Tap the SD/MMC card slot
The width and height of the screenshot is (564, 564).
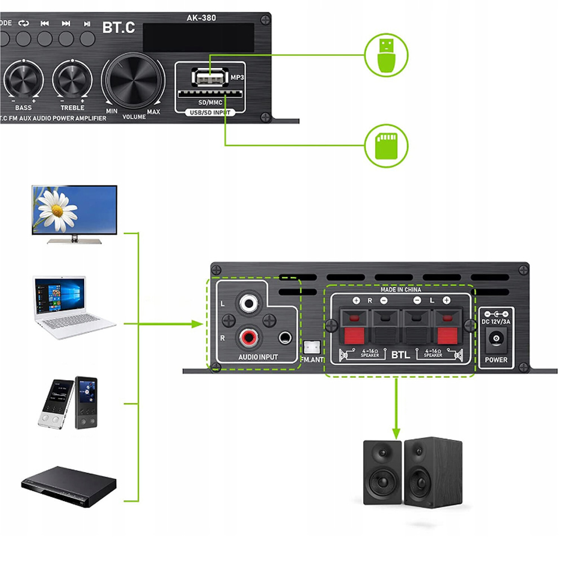click(204, 94)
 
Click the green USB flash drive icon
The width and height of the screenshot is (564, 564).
click(386, 55)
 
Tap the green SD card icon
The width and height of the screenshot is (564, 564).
click(386, 146)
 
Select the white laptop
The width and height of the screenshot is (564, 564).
click(73, 307)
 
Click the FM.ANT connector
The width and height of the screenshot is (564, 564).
click(311, 347)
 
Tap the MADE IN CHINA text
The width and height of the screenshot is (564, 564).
click(400, 289)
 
